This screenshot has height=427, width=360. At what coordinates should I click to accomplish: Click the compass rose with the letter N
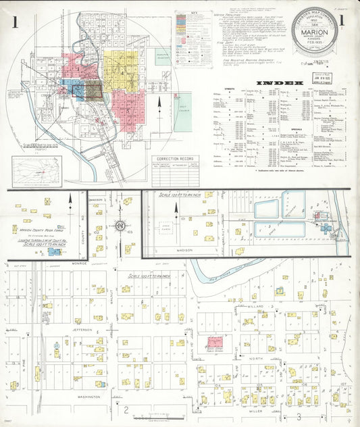point(120,224)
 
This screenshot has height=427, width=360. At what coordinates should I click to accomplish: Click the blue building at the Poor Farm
point(53,251)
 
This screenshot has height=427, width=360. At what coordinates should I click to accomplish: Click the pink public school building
point(215,343)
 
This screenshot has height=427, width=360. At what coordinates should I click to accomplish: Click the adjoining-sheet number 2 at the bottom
point(125,409)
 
